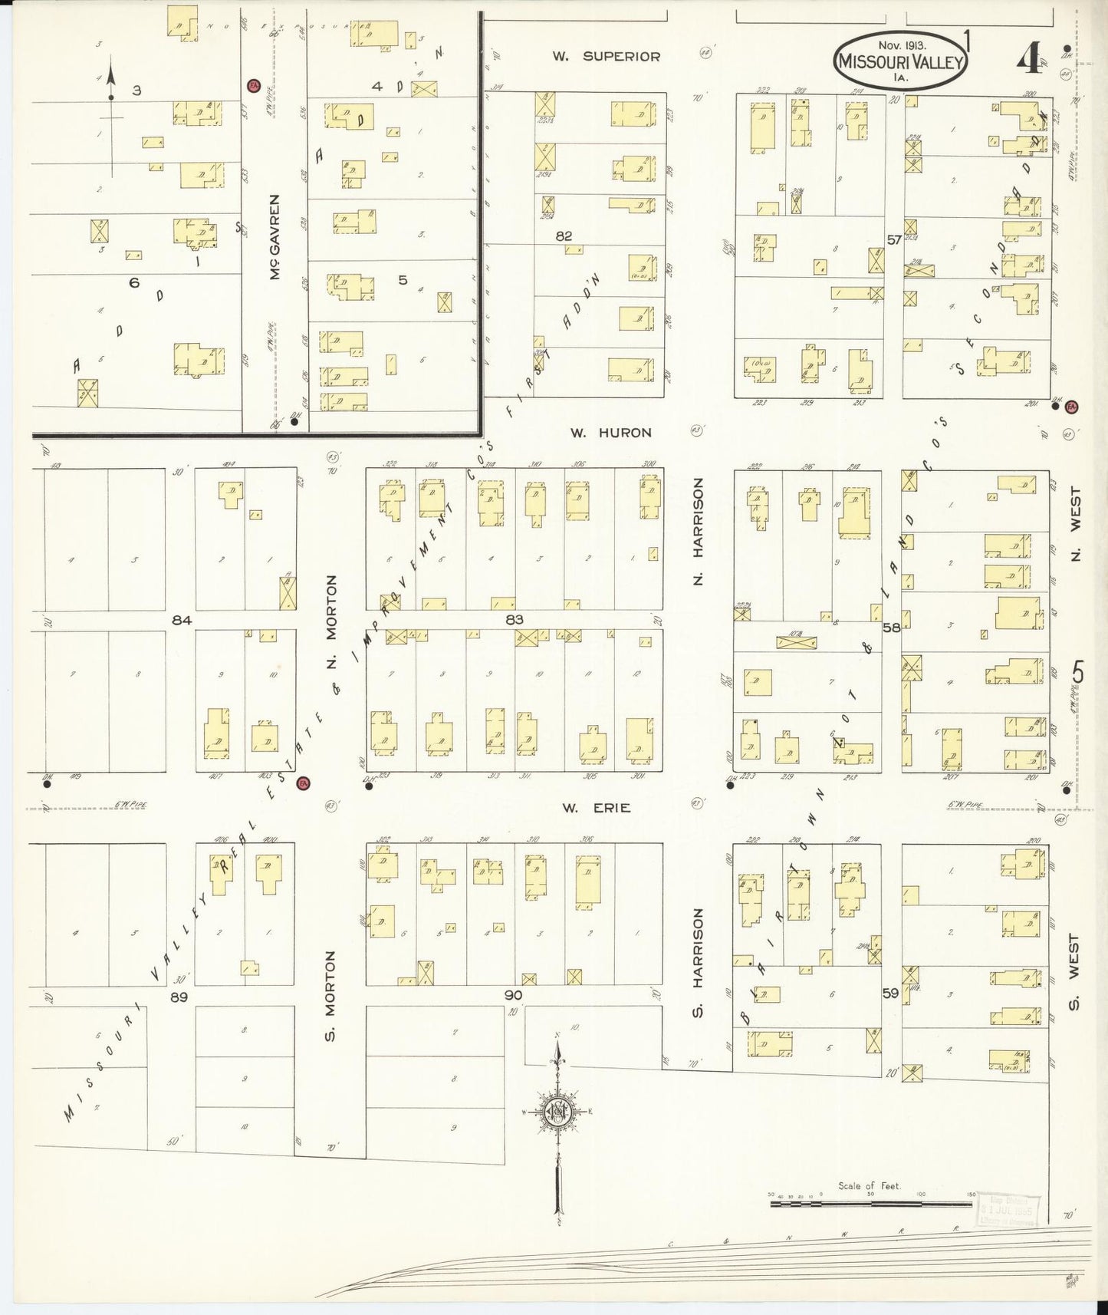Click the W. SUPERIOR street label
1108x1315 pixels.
coord(606,56)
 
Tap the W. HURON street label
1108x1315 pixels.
coord(610,433)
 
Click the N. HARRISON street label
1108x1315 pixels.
coord(698,531)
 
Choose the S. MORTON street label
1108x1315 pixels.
coord(330,996)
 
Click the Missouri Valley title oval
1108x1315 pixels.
coord(899,61)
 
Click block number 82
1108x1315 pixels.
coord(564,236)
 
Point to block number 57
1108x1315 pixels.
coord(894,239)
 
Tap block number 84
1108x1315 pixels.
coord(181,620)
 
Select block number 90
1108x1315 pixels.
coord(513,995)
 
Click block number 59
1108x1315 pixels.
coord(890,993)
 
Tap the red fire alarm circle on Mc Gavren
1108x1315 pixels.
coord(252,84)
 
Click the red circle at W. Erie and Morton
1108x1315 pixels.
coord(304,783)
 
